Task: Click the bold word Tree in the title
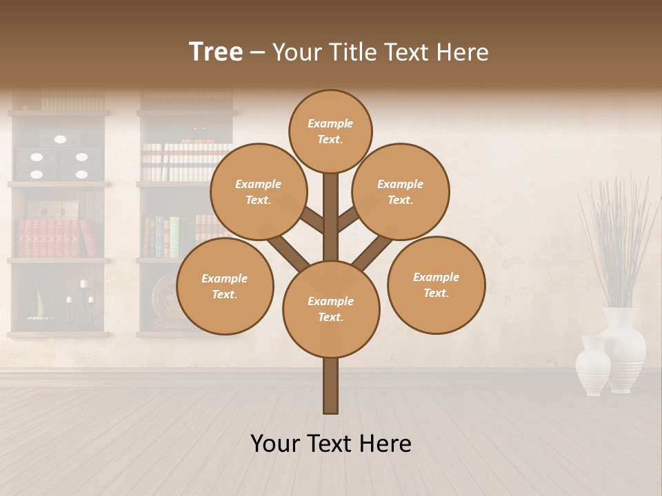click(216, 52)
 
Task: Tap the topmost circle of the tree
click(330, 131)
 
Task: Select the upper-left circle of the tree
click(258, 192)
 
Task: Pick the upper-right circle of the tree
click(401, 192)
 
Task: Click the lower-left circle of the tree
click(225, 287)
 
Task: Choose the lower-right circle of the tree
click(437, 285)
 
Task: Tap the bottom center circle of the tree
click(331, 309)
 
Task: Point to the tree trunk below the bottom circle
click(331, 386)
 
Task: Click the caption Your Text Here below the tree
click(331, 444)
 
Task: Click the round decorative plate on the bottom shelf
click(165, 303)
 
